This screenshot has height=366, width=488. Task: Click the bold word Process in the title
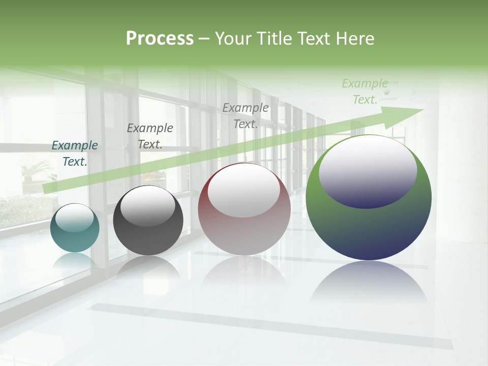pyautogui.click(x=160, y=38)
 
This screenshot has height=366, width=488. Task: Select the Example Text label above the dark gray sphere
pyautogui.click(x=150, y=136)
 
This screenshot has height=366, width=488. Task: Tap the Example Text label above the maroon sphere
pyautogui.click(x=246, y=116)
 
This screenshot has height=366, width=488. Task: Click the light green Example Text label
pyautogui.click(x=365, y=91)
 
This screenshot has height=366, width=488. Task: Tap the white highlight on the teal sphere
pyautogui.click(x=74, y=218)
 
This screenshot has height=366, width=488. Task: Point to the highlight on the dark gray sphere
pyautogui.click(x=147, y=205)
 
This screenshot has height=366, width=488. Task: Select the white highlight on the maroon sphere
pyautogui.click(x=244, y=191)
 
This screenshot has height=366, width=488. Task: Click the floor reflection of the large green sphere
pyautogui.click(x=369, y=282)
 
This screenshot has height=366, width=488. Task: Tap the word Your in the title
pyautogui.click(x=232, y=39)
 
